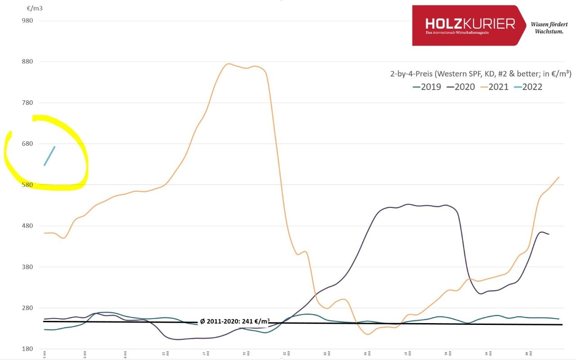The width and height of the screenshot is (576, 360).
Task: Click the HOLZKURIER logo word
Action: point(470,23)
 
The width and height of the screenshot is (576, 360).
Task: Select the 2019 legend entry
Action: point(427,87)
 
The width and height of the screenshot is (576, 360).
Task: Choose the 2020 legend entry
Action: point(461,87)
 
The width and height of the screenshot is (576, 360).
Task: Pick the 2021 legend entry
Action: point(495,87)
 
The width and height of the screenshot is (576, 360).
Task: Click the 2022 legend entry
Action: point(528,87)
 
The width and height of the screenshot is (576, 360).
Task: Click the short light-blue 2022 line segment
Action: point(49,156)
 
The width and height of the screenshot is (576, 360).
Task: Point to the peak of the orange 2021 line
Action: point(229,63)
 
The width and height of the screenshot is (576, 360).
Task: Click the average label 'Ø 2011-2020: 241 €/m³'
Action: point(234,321)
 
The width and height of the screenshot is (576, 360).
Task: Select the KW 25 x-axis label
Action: point(284,354)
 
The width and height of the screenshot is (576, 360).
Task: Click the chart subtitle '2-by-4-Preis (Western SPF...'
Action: point(481,74)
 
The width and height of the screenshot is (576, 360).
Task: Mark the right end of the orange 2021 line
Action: point(558,177)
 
